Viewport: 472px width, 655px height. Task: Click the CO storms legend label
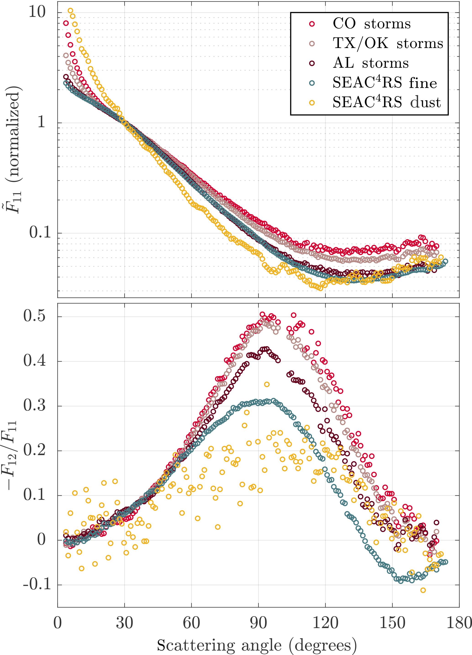click(371, 24)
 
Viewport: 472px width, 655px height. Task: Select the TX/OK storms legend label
click(388, 43)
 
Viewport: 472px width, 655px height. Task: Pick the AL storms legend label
click(371, 63)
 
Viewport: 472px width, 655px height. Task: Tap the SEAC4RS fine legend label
click(385, 83)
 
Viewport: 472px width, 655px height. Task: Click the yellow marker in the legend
click(312, 103)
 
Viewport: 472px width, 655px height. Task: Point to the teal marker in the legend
click(312, 83)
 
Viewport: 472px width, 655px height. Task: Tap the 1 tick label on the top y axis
click(42, 122)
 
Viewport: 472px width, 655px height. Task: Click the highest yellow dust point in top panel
click(70, 11)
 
